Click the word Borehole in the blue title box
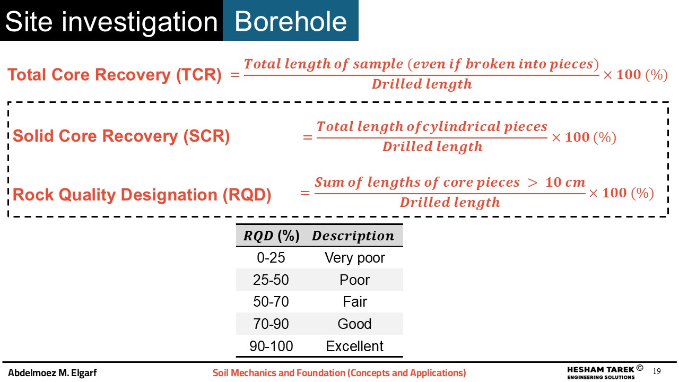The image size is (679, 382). [x=290, y=21]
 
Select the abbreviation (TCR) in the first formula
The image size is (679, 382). [x=199, y=75]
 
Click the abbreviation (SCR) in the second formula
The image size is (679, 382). [x=206, y=136]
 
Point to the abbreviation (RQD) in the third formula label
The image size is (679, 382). [x=247, y=195]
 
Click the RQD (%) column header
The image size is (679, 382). [x=271, y=236]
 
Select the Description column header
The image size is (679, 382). [x=353, y=236]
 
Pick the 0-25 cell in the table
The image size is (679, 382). [x=271, y=258]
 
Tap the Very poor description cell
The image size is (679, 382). [x=355, y=258]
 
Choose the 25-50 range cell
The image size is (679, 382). [x=271, y=280]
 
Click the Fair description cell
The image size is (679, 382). [x=355, y=302]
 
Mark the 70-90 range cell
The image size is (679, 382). [x=271, y=324]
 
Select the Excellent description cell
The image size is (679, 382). [x=355, y=346]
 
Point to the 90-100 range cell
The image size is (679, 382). [x=271, y=346]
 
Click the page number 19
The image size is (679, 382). [x=657, y=371]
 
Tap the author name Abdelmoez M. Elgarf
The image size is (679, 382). [x=52, y=372]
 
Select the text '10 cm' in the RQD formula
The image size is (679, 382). [x=565, y=182]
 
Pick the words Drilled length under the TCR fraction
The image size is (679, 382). [x=422, y=84]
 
